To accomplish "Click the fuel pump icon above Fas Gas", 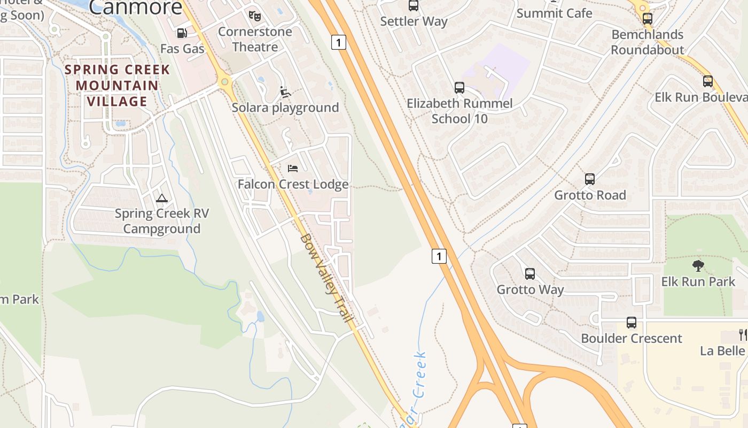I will pos(182,33).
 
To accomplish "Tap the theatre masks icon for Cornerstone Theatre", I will pos(254,16).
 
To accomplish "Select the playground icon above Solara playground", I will pos(285,92).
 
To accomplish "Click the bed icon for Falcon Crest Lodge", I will pos(293,169).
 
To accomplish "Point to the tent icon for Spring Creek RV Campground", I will pos(162,198).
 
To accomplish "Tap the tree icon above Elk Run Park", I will pos(698,266).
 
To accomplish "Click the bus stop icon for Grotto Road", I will pos(590,179).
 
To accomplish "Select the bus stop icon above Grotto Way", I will pos(530,274).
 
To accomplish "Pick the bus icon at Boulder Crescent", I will pos(632,323).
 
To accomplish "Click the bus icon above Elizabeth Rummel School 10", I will pos(459,88).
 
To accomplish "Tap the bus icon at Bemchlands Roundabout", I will pos(648,19).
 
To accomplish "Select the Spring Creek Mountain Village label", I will pos(118,85).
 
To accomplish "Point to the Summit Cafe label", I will pos(555,13).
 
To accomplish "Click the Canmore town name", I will pos(136,7).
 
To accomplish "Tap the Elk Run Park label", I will pos(698,281).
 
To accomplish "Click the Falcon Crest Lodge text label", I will pos(293,185).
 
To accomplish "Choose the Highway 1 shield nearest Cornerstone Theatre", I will pos(339,42).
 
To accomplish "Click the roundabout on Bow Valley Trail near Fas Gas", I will pos(224,82).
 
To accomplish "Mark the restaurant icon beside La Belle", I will pos(743,335).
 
